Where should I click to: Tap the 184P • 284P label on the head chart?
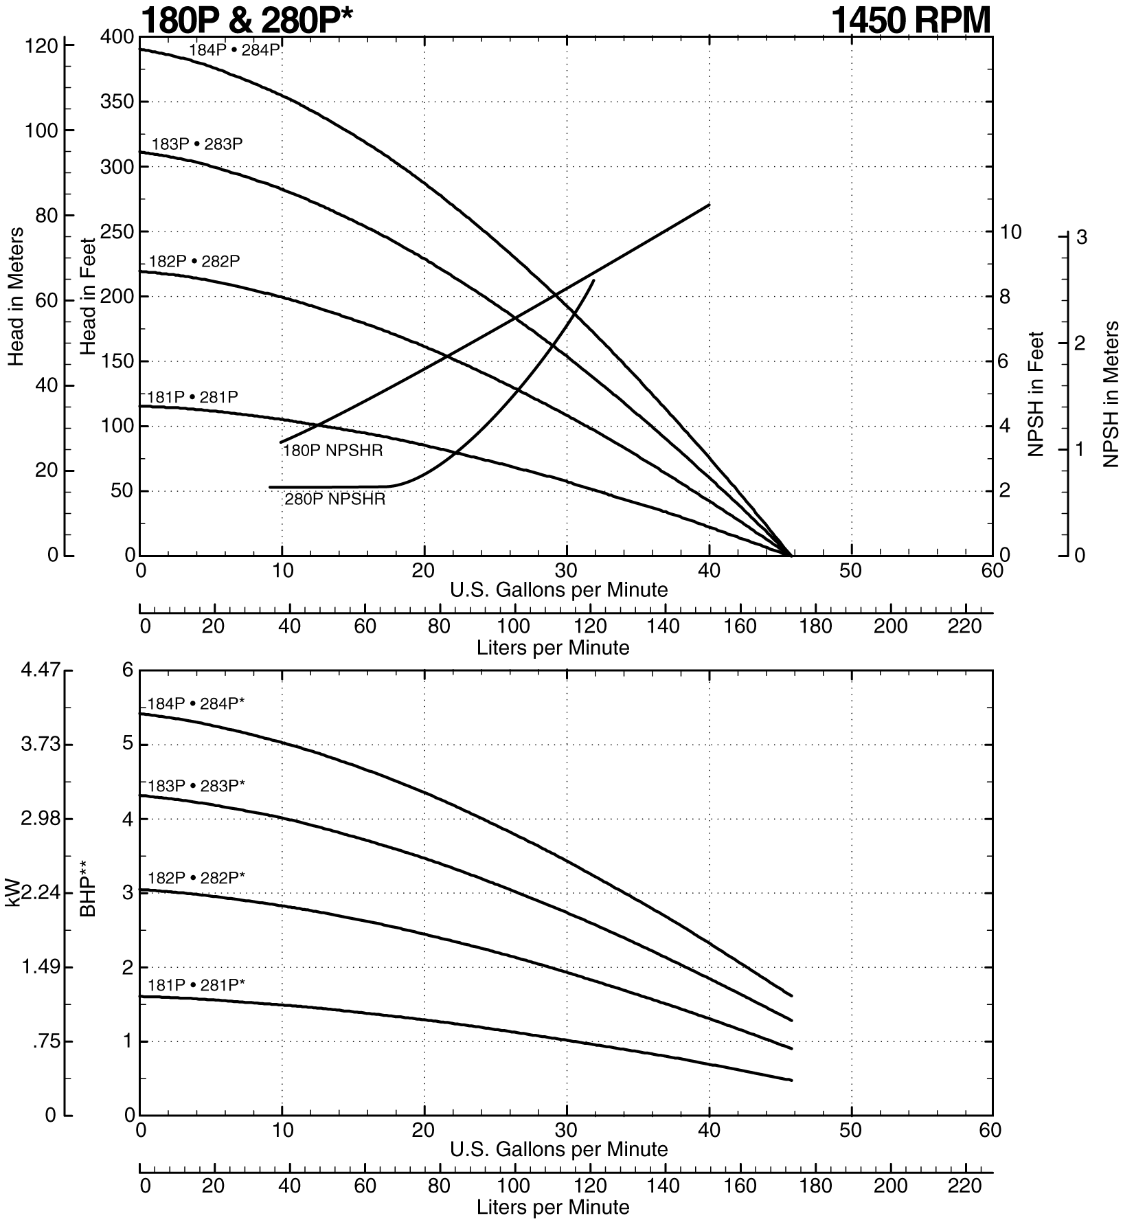235,49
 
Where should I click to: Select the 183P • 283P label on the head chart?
197,144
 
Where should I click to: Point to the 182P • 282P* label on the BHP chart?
196,877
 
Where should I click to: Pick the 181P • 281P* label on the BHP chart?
196,984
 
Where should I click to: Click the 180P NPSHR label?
332,451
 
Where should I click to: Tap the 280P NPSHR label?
335,499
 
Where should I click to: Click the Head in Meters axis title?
16,297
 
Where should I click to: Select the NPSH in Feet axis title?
1036,394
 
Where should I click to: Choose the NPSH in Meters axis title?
1110,394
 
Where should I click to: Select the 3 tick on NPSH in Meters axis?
1081,238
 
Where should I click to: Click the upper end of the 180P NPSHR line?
709,205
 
